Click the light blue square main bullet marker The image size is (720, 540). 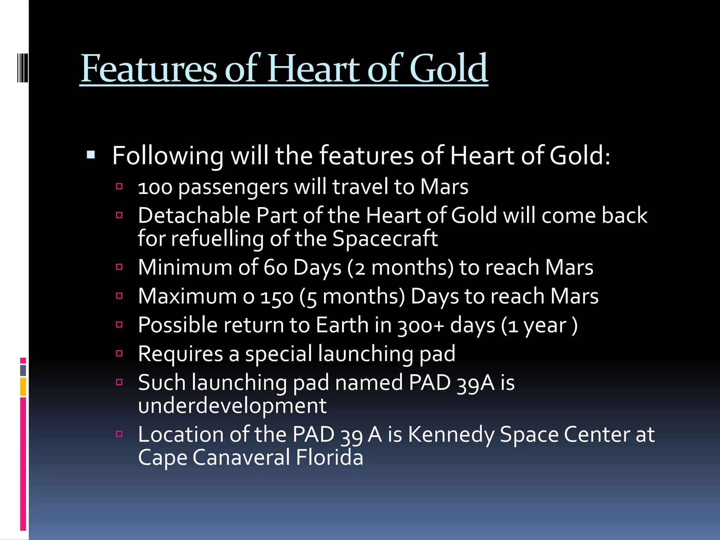[x=91, y=155]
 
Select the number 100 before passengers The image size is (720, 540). [x=155, y=187]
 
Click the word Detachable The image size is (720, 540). [x=194, y=216]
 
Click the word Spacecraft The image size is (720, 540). [x=385, y=239]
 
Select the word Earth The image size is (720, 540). [x=342, y=325]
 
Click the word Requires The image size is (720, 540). [x=180, y=354]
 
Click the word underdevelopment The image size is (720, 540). [x=232, y=406]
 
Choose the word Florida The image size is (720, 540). [x=329, y=458]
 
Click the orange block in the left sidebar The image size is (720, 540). [x=23, y=387]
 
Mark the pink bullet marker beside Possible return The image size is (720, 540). [x=119, y=324]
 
